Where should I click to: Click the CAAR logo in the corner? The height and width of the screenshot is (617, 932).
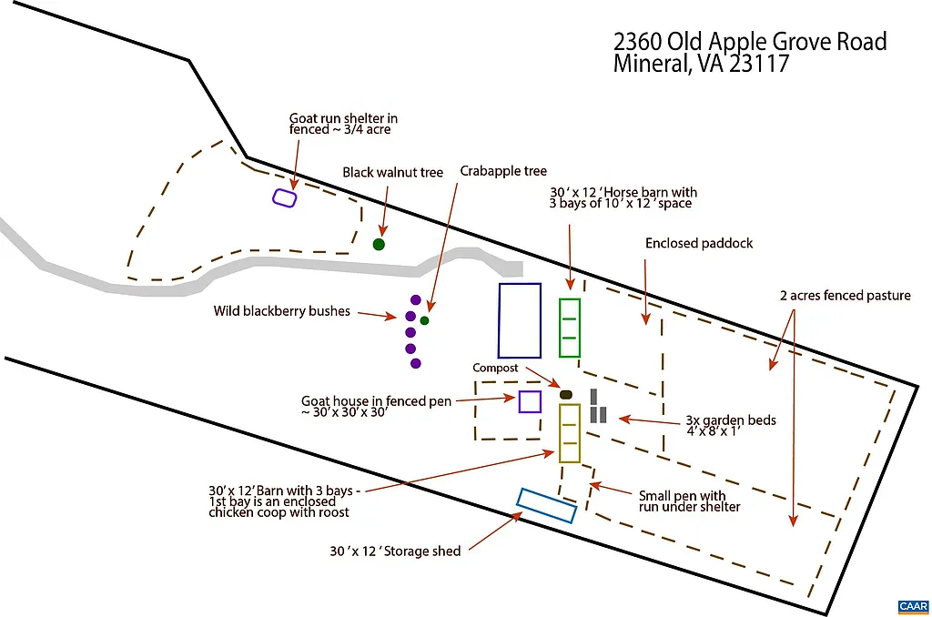point(912,606)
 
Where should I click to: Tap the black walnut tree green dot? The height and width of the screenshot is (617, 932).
point(379,244)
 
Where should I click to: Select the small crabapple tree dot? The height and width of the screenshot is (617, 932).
point(424,320)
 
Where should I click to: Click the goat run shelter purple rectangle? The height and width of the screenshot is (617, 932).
point(285,197)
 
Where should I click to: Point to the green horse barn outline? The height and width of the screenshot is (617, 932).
point(570,328)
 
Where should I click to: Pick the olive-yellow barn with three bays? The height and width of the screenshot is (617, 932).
point(570,433)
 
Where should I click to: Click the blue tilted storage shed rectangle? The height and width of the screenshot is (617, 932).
point(546,506)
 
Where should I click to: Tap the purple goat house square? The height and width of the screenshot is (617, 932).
point(530,401)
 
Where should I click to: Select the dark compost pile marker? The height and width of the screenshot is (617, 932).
point(565,394)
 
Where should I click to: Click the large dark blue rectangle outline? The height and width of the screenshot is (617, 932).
point(520,320)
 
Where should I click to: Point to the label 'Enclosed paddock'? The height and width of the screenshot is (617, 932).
point(699,244)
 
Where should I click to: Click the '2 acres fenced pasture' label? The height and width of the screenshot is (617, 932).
point(845,296)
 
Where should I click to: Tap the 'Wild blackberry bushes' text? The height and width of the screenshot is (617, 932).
point(282,311)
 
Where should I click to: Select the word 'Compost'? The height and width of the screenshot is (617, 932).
point(495,369)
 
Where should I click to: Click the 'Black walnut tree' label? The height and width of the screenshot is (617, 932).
point(392,173)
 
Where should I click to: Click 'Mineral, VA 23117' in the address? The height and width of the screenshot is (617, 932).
point(701,65)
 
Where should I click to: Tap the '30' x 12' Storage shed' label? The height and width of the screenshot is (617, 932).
point(395,551)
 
